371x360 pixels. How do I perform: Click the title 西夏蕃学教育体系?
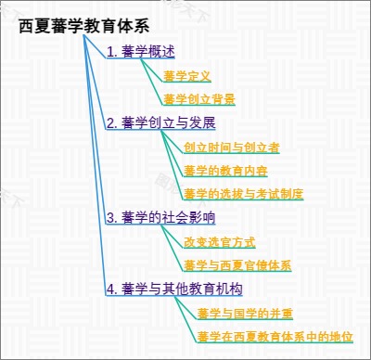84,26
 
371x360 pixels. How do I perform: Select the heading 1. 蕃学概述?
141,51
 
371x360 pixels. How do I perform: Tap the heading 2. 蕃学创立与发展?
160,122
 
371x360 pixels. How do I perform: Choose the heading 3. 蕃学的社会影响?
160,217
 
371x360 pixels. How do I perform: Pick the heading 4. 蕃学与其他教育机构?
174,289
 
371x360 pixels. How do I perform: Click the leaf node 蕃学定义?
187,76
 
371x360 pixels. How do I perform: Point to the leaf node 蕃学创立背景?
199,99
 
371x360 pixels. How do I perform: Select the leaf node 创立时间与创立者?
232,148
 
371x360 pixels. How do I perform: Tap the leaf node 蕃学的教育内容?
225,171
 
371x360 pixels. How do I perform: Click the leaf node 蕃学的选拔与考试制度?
244,194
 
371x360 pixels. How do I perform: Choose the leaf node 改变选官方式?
220,242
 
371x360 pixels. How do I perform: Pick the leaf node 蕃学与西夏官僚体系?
237,265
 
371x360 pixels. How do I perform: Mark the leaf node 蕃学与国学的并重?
245,314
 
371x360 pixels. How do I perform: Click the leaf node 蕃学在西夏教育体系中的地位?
275,337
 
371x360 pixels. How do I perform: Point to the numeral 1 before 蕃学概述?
109,52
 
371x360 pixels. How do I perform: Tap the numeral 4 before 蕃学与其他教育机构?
109,289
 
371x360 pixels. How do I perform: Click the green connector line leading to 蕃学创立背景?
151,82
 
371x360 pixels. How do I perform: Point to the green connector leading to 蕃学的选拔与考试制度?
173,165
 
